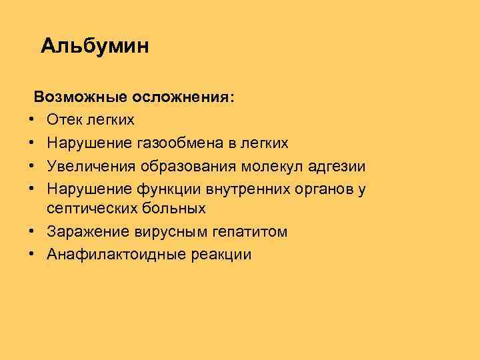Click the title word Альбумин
tap(95, 46)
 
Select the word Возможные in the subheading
tap(81, 97)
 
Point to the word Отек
tap(65, 120)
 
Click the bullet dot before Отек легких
tap(31, 120)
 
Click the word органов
tap(315, 187)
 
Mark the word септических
tap(91, 209)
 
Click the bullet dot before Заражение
tap(31, 232)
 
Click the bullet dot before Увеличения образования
tap(31, 165)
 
